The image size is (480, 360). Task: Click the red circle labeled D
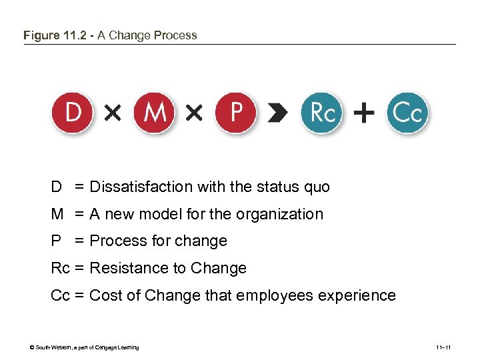[73, 113]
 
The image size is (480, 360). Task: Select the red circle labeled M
[154, 113]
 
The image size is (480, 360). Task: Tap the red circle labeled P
[236, 113]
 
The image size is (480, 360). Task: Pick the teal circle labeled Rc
[323, 113]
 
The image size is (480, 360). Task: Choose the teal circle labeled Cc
[407, 113]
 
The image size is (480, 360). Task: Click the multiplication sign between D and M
[113, 114]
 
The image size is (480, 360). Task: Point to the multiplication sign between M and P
[194, 114]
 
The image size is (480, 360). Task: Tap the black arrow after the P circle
[277, 114]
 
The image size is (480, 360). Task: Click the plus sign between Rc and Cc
[364, 114]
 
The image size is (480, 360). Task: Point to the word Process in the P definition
[115, 241]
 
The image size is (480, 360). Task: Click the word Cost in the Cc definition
[103, 295]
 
